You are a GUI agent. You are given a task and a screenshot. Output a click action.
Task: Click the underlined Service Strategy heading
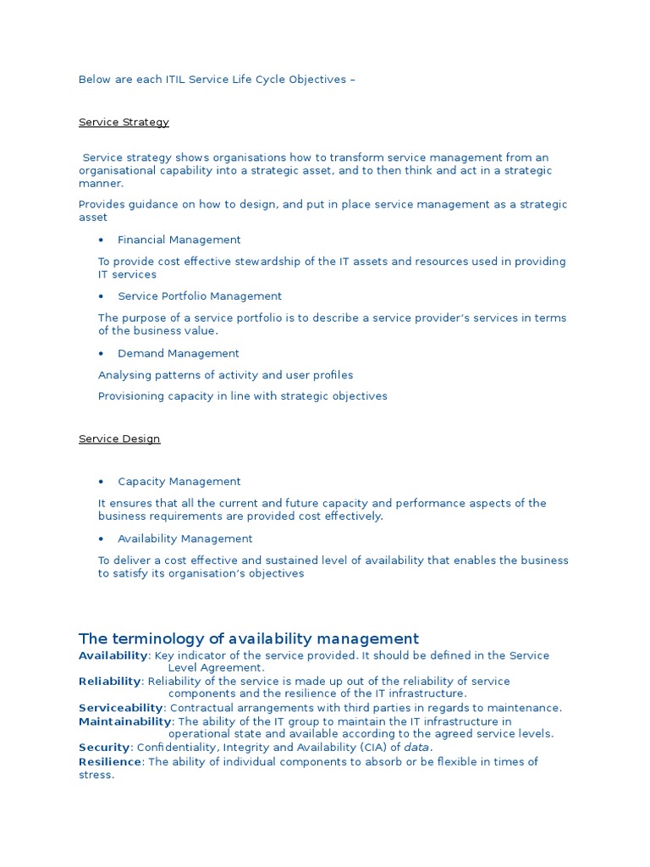point(124,122)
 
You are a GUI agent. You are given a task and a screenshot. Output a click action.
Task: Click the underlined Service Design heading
point(119,439)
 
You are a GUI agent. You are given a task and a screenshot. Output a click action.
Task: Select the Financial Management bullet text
point(179,240)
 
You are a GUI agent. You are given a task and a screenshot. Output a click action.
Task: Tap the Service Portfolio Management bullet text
point(199,296)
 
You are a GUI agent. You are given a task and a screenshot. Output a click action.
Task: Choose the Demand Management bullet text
point(178,353)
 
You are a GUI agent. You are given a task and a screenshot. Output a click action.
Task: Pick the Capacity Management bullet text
point(179,482)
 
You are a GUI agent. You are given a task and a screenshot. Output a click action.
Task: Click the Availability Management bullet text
point(185,538)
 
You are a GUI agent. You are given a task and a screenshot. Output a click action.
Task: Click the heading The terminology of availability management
point(248,638)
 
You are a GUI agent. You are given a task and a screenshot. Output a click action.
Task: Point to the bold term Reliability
point(109,682)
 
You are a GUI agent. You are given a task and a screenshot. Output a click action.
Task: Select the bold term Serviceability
point(120,708)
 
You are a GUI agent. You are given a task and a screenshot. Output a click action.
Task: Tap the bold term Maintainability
point(125,721)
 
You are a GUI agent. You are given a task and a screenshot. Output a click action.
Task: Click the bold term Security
point(104,748)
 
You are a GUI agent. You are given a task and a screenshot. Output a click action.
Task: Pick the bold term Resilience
point(110,762)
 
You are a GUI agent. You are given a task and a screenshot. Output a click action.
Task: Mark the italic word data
point(416,748)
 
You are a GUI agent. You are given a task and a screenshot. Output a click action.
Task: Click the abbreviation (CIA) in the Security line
point(372,748)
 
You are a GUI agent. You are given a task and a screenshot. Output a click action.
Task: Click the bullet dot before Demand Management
point(101,353)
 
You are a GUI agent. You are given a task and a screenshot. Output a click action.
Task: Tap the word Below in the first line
point(94,80)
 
